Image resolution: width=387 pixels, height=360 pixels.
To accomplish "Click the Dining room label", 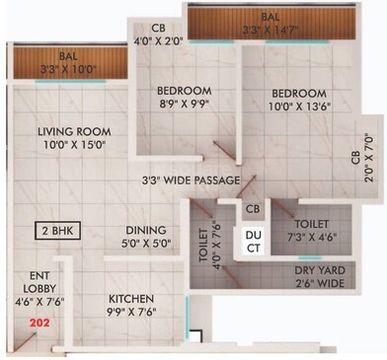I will tap(145, 230).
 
